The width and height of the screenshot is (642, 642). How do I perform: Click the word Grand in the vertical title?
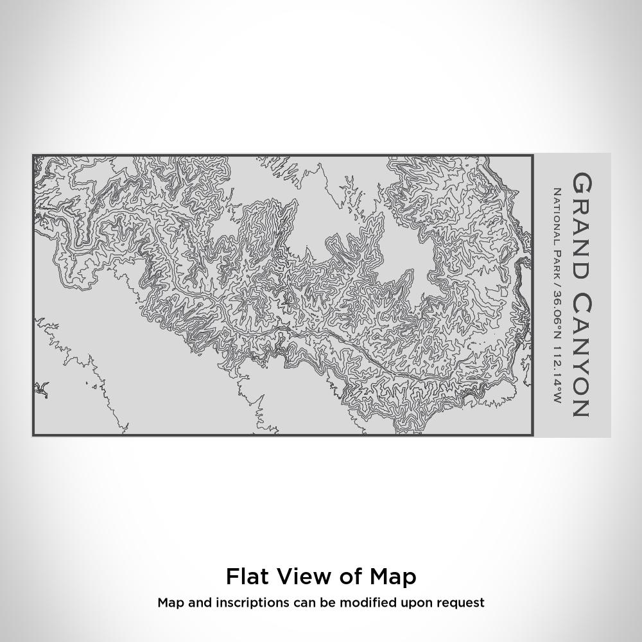tap(581, 225)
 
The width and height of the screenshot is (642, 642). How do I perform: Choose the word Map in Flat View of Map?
tap(393, 577)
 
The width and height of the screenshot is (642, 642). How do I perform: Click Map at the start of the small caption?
tap(169, 603)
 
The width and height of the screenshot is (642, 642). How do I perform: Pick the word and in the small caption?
tap(198, 603)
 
